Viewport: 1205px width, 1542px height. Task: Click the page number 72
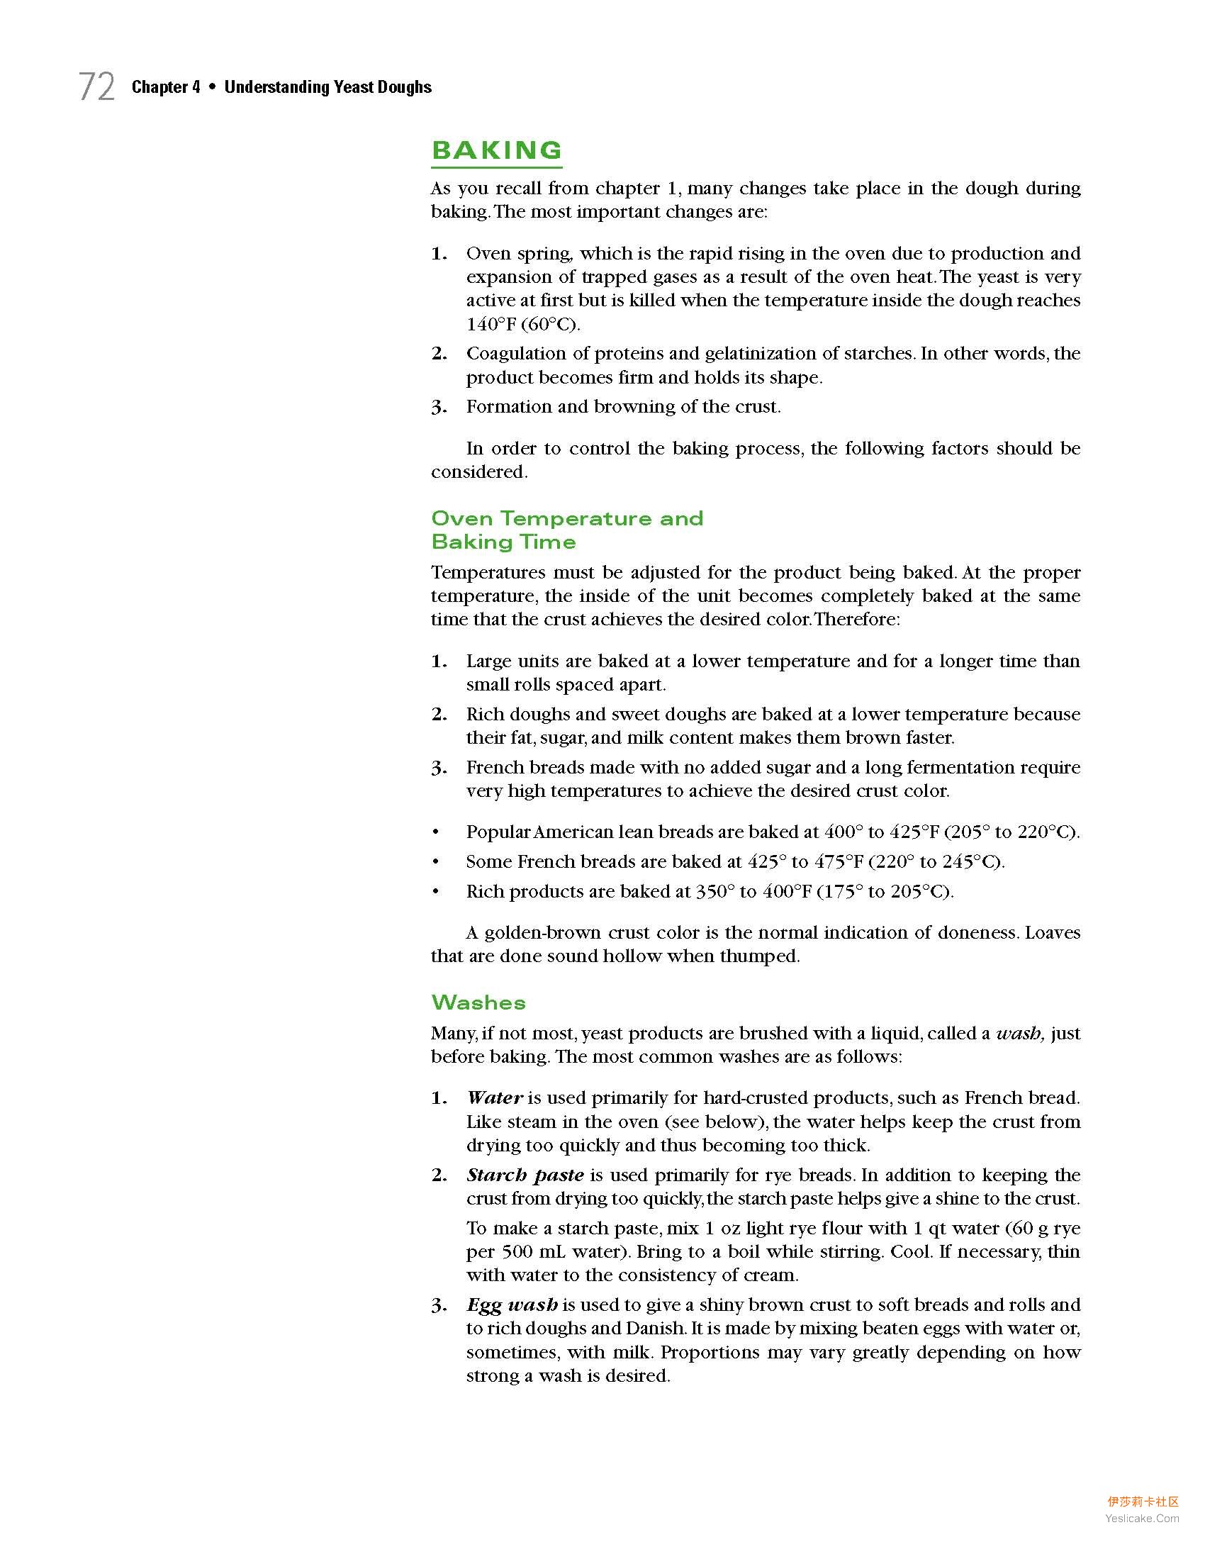click(96, 87)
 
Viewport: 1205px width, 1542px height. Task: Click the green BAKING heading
click(496, 150)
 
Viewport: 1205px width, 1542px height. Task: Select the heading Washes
click(478, 1002)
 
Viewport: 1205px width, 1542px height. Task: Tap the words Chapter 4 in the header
click(166, 87)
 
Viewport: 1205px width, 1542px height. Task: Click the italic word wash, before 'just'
click(1020, 1033)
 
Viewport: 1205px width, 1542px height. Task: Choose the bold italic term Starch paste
click(525, 1175)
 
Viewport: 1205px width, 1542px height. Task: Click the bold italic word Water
click(495, 1097)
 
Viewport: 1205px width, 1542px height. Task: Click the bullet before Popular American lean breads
click(436, 832)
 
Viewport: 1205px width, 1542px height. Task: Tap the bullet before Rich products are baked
click(436, 891)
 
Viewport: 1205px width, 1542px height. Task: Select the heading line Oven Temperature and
click(567, 518)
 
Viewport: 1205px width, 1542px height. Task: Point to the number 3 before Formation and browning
click(439, 407)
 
